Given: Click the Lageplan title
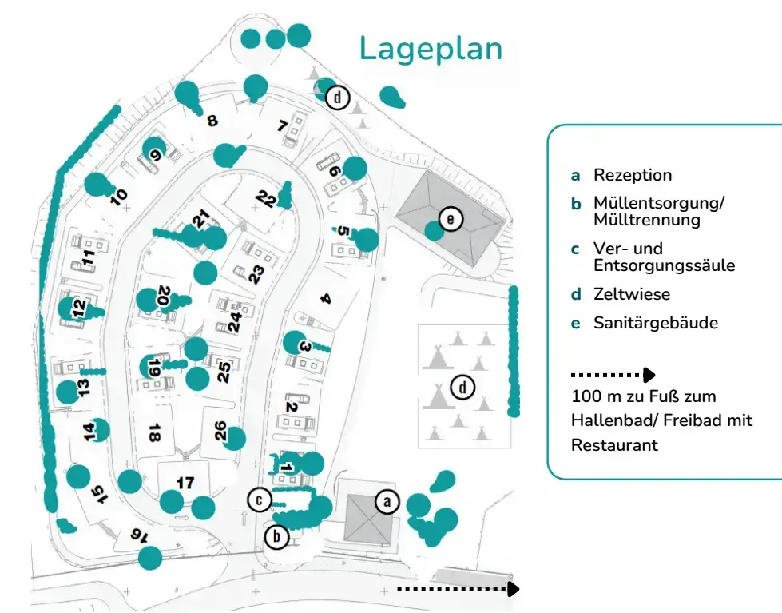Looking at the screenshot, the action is pyautogui.click(x=431, y=49).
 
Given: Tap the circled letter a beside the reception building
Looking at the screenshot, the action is pyautogui.click(x=387, y=501).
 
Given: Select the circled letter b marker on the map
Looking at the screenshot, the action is pyautogui.click(x=276, y=537).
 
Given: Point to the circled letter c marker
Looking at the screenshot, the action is pyautogui.click(x=260, y=500).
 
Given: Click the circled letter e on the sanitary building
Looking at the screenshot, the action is pyautogui.click(x=451, y=219).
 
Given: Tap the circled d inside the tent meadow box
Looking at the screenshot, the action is pyautogui.click(x=462, y=388).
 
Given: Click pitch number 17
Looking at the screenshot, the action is pyautogui.click(x=185, y=483).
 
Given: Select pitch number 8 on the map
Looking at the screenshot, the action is pyautogui.click(x=212, y=121).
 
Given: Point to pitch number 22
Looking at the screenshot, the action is pyautogui.click(x=266, y=200).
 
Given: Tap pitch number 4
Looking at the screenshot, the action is pyautogui.click(x=325, y=299).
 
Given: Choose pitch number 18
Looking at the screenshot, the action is pyautogui.click(x=155, y=432).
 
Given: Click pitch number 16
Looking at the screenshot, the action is pyautogui.click(x=139, y=535).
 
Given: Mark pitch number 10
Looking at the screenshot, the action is pyautogui.click(x=119, y=197).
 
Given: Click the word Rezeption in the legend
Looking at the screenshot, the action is pyautogui.click(x=633, y=175).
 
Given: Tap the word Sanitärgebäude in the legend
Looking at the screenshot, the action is pyautogui.click(x=655, y=323).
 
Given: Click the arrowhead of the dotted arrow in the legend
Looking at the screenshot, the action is pyautogui.click(x=649, y=375).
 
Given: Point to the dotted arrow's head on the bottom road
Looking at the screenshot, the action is pyautogui.click(x=513, y=589).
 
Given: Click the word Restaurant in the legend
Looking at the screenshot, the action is pyautogui.click(x=614, y=445).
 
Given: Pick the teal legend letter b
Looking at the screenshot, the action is pyautogui.click(x=576, y=204).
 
